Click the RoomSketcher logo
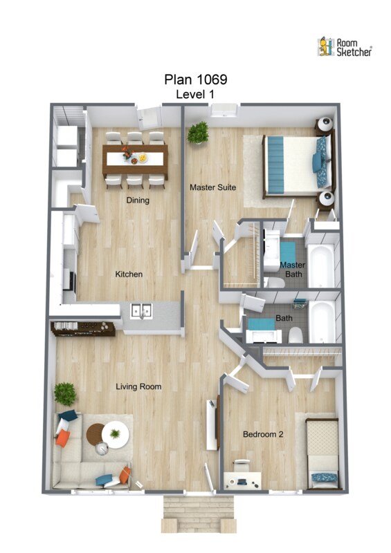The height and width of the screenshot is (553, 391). click(x=345, y=47)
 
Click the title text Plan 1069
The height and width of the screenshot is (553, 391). click(x=196, y=79)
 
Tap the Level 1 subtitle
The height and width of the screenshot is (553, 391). click(x=195, y=94)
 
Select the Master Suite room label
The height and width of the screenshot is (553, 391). click(x=212, y=187)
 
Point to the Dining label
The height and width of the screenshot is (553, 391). click(x=138, y=200)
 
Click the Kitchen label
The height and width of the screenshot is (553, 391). click(x=129, y=274)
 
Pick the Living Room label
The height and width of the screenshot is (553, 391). click(x=138, y=386)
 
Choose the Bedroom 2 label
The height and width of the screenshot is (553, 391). click(x=263, y=434)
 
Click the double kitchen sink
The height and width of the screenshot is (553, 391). click(x=141, y=310)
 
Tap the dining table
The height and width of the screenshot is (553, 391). click(x=135, y=160)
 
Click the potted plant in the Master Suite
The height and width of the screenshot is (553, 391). click(x=198, y=133)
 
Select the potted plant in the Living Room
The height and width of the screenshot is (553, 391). click(x=65, y=394)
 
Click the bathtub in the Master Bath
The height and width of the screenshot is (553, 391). click(x=320, y=266)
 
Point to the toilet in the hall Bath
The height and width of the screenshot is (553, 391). click(x=295, y=335)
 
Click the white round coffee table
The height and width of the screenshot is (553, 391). click(x=115, y=435)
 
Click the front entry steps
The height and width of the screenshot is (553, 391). click(x=199, y=514)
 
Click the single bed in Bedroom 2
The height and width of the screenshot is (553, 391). click(x=322, y=454)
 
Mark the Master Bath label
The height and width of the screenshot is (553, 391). click(x=293, y=269)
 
